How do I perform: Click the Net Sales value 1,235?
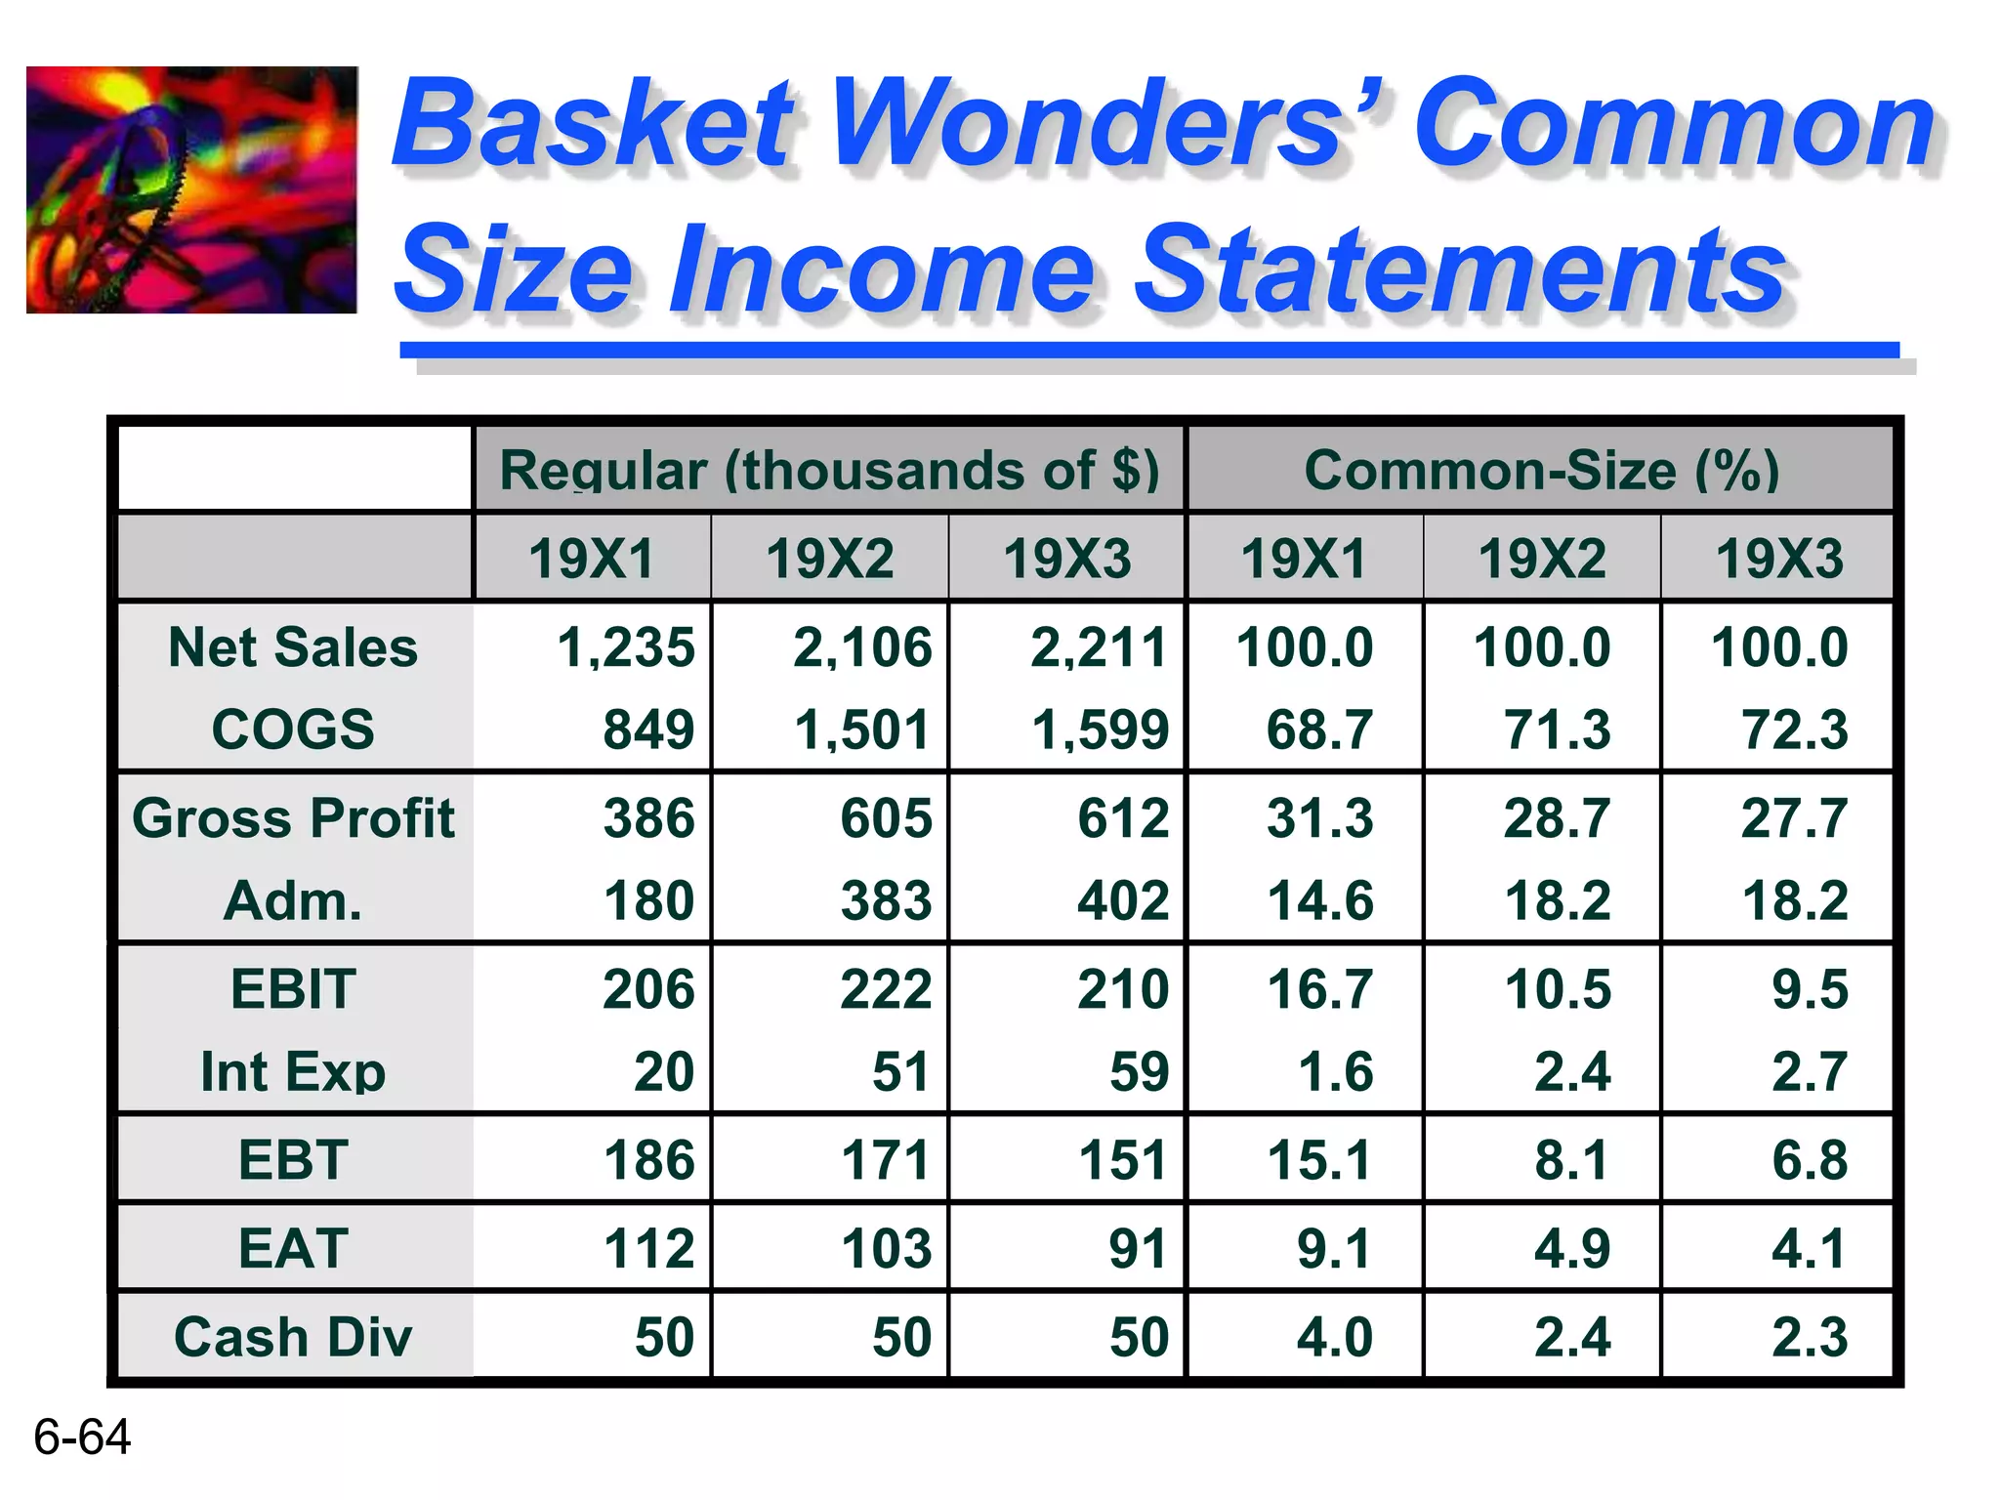[625, 647]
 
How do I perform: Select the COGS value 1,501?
[861, 729]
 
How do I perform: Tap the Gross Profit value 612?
[1123, 817]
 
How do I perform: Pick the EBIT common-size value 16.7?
[1319, 989]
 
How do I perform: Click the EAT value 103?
[886, 1248]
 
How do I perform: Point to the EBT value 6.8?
[1809, 1160]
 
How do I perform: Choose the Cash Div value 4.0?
[1334, 1337]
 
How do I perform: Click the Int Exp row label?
[293, 1071]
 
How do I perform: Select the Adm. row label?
[293, 900]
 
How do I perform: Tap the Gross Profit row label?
[293, 817]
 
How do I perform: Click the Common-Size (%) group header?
[1541, 470]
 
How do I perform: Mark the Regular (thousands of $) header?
[829, 470]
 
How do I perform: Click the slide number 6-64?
[82, 1437]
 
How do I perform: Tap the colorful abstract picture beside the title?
[191, 189]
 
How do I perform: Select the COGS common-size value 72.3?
[1794, 729]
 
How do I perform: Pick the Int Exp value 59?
[1139, 1071]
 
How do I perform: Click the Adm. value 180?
[648, 900]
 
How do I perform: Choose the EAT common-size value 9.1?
[1334, 1248]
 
